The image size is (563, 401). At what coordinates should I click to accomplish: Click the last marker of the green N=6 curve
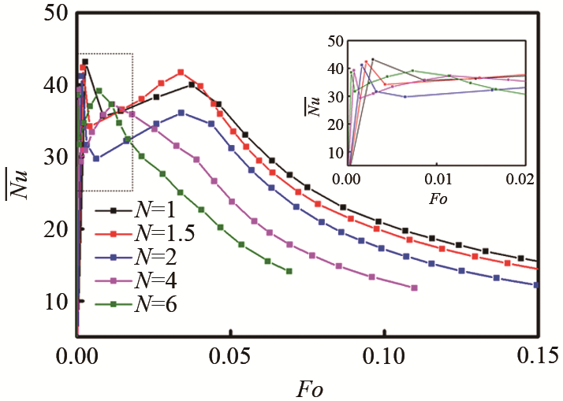[x=289, y=271]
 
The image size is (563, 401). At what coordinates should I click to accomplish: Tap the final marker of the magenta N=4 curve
[x=414, y=288]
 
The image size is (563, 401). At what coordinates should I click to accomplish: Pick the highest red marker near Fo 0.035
[x=181, y=72]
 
